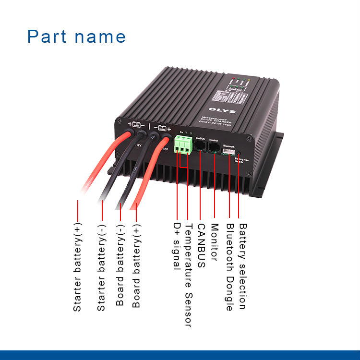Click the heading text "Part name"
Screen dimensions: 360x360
click(76, 37)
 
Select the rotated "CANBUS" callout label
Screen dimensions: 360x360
click(202, 245)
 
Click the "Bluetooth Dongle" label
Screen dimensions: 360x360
click(230, 267)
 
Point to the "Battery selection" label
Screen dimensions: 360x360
click(242, 266)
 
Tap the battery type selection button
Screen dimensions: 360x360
click(239, 153)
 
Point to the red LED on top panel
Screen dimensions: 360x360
click(232, 77)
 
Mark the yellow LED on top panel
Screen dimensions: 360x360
click(249, 79)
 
